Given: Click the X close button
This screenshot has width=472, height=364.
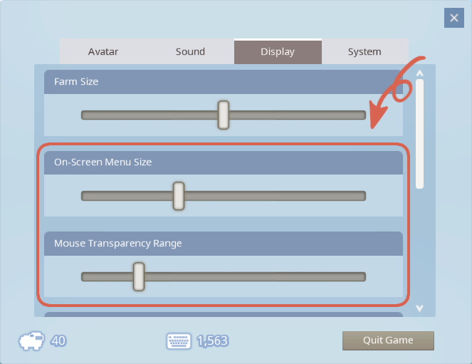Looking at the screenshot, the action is pos(454,18).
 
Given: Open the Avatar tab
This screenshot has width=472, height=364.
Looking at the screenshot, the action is pos(103,51).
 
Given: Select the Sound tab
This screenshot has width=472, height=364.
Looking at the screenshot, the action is pos(190,51).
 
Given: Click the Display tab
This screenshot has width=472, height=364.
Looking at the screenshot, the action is pos(278,51).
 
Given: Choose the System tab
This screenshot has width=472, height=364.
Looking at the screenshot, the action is pos(365,51).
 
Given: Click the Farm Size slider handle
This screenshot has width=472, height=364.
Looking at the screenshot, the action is pos(224,115).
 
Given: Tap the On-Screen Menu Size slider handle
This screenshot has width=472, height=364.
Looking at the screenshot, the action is pos(179,196).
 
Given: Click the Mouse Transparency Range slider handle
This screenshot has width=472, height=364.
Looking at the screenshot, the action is pos(139,276).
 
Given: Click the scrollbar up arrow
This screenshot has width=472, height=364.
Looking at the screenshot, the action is pos(419,73).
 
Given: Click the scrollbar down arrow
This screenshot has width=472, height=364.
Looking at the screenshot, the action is pos(419,308).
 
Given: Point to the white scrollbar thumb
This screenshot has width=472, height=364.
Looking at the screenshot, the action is pos(419,134).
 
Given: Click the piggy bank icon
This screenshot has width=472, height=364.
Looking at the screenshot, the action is pos(31,340).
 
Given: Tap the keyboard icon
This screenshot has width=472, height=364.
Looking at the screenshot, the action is pos(179,341).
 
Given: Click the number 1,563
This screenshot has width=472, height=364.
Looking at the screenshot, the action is pos(213,340).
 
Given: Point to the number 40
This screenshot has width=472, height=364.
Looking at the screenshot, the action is pos(58,340).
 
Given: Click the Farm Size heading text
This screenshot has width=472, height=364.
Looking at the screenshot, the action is pos(76,82).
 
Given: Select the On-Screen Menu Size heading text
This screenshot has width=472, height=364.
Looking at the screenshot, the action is pos(103,162).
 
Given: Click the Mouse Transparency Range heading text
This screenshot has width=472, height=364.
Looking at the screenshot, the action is pos(118,243).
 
